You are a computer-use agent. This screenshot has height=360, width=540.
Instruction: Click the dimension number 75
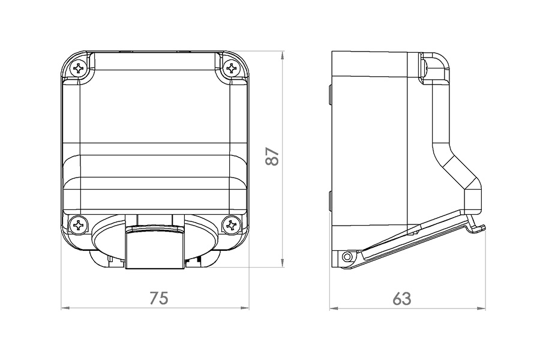point(159,298)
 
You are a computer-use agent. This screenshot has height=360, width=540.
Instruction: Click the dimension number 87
point(272,157)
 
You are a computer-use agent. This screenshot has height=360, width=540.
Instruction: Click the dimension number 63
point(402,298)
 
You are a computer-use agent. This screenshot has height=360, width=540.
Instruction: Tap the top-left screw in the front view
point(79,68)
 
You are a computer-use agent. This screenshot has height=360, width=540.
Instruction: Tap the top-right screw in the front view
point(231,68)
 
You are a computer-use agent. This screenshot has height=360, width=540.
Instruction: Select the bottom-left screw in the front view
point(79,226)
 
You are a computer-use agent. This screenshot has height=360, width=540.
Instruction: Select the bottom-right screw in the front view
point(231,226)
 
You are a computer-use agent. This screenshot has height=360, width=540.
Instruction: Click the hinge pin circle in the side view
point(347,257)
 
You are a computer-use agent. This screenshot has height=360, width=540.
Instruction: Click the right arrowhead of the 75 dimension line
point(246,308)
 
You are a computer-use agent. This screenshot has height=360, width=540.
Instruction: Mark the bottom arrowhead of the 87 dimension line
point(283,264)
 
